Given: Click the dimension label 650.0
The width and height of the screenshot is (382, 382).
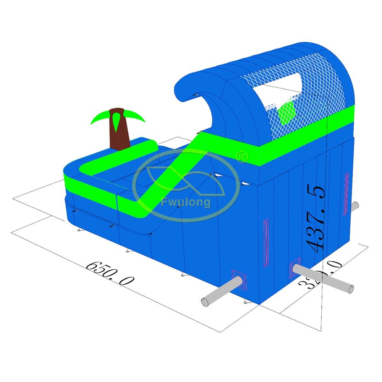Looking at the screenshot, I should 110,274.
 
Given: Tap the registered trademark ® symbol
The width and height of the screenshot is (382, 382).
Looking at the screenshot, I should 242,157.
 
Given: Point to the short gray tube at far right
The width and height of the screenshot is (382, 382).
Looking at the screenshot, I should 354,206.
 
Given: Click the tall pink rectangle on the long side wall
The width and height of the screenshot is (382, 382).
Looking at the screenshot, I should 266,243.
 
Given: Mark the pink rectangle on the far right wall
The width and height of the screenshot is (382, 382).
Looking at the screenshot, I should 346,193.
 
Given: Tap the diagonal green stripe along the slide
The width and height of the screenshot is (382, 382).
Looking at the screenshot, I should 172,172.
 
